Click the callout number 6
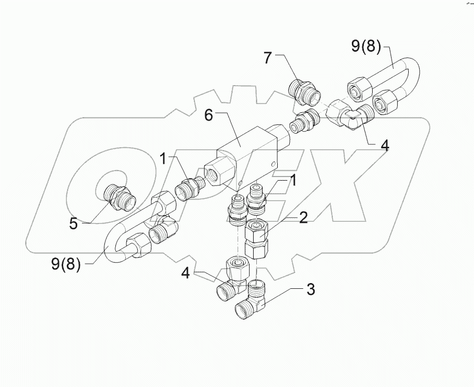pyautogui.click(x=208, y=115)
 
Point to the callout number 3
pyautogui.click(x=310, y=290)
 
